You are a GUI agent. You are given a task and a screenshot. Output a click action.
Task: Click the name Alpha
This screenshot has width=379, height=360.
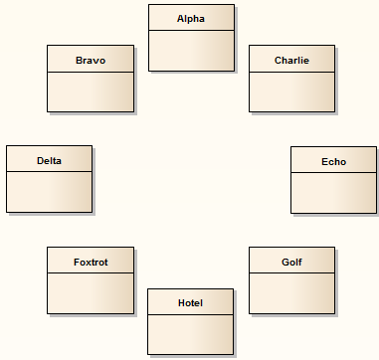191,19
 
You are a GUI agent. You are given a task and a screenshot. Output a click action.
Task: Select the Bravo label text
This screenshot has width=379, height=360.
90,60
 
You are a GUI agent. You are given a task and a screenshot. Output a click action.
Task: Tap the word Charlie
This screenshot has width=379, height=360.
291,60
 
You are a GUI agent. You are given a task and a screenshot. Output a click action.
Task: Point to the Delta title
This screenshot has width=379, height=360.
49,160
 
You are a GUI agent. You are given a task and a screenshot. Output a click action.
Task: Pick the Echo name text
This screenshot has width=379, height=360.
333,161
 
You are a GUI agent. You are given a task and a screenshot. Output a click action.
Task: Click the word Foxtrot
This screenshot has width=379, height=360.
90,262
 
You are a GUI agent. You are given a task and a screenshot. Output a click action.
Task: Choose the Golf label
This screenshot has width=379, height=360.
291,262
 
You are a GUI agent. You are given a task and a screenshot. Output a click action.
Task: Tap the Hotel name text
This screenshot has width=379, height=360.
190,302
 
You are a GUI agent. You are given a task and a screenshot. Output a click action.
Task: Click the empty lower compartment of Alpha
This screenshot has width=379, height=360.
191,51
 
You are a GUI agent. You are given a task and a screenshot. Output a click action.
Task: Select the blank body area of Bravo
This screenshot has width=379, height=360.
90,91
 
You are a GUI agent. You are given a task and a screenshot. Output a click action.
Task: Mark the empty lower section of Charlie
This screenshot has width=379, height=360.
291,91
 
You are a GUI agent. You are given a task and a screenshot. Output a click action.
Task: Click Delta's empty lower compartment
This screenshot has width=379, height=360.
49,192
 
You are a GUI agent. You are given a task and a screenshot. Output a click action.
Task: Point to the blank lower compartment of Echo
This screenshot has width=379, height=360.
333,193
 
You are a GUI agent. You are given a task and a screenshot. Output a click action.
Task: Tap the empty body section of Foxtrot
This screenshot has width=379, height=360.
90,293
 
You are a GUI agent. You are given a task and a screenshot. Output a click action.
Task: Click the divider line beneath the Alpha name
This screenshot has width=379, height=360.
191,31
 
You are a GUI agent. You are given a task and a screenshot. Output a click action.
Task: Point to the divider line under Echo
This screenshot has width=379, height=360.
333,173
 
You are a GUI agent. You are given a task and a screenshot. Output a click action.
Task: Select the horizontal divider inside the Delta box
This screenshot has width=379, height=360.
49,172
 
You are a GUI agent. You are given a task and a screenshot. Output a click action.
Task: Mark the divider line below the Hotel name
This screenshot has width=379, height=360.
190,314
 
